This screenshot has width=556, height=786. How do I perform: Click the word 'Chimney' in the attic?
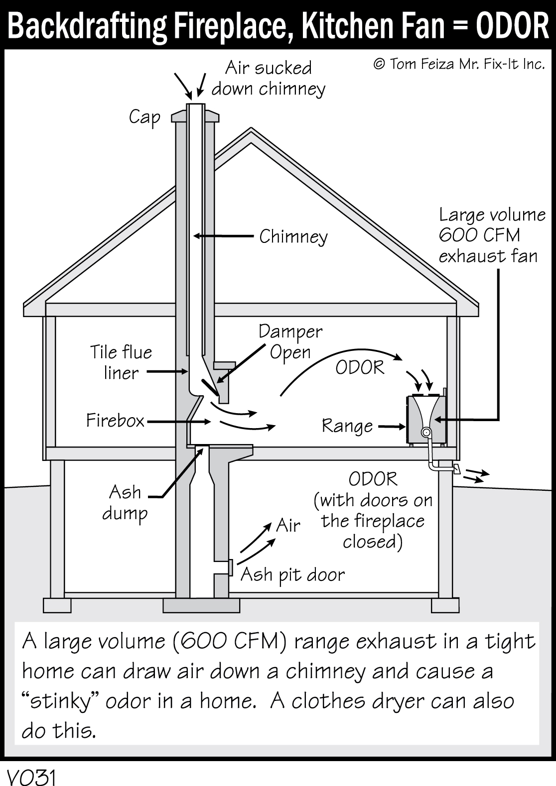[x=293, y=236]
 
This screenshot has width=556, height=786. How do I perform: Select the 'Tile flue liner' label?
[x=121, y=362]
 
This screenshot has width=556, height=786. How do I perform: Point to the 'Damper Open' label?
[x=290, y=341]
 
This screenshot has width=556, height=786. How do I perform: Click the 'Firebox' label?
[x=115, y=421]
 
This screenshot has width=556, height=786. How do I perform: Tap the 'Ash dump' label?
[x=125, y=502]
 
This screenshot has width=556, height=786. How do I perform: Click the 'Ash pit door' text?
[x=292, y=575]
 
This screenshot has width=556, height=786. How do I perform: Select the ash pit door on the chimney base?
[x=231, y=567]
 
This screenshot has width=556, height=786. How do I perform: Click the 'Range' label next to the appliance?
[x=347, y=426]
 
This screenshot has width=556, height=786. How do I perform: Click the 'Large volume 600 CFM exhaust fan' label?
[x=491, y=235]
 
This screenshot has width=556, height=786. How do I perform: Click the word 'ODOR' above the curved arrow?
[x=360, y=368]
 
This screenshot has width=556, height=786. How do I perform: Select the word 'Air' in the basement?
[x=288, y=526]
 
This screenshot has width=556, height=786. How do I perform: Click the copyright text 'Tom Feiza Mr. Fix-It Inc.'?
[x=459, y=64]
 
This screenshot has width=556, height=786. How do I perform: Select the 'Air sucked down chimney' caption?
[x=269, y=78]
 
